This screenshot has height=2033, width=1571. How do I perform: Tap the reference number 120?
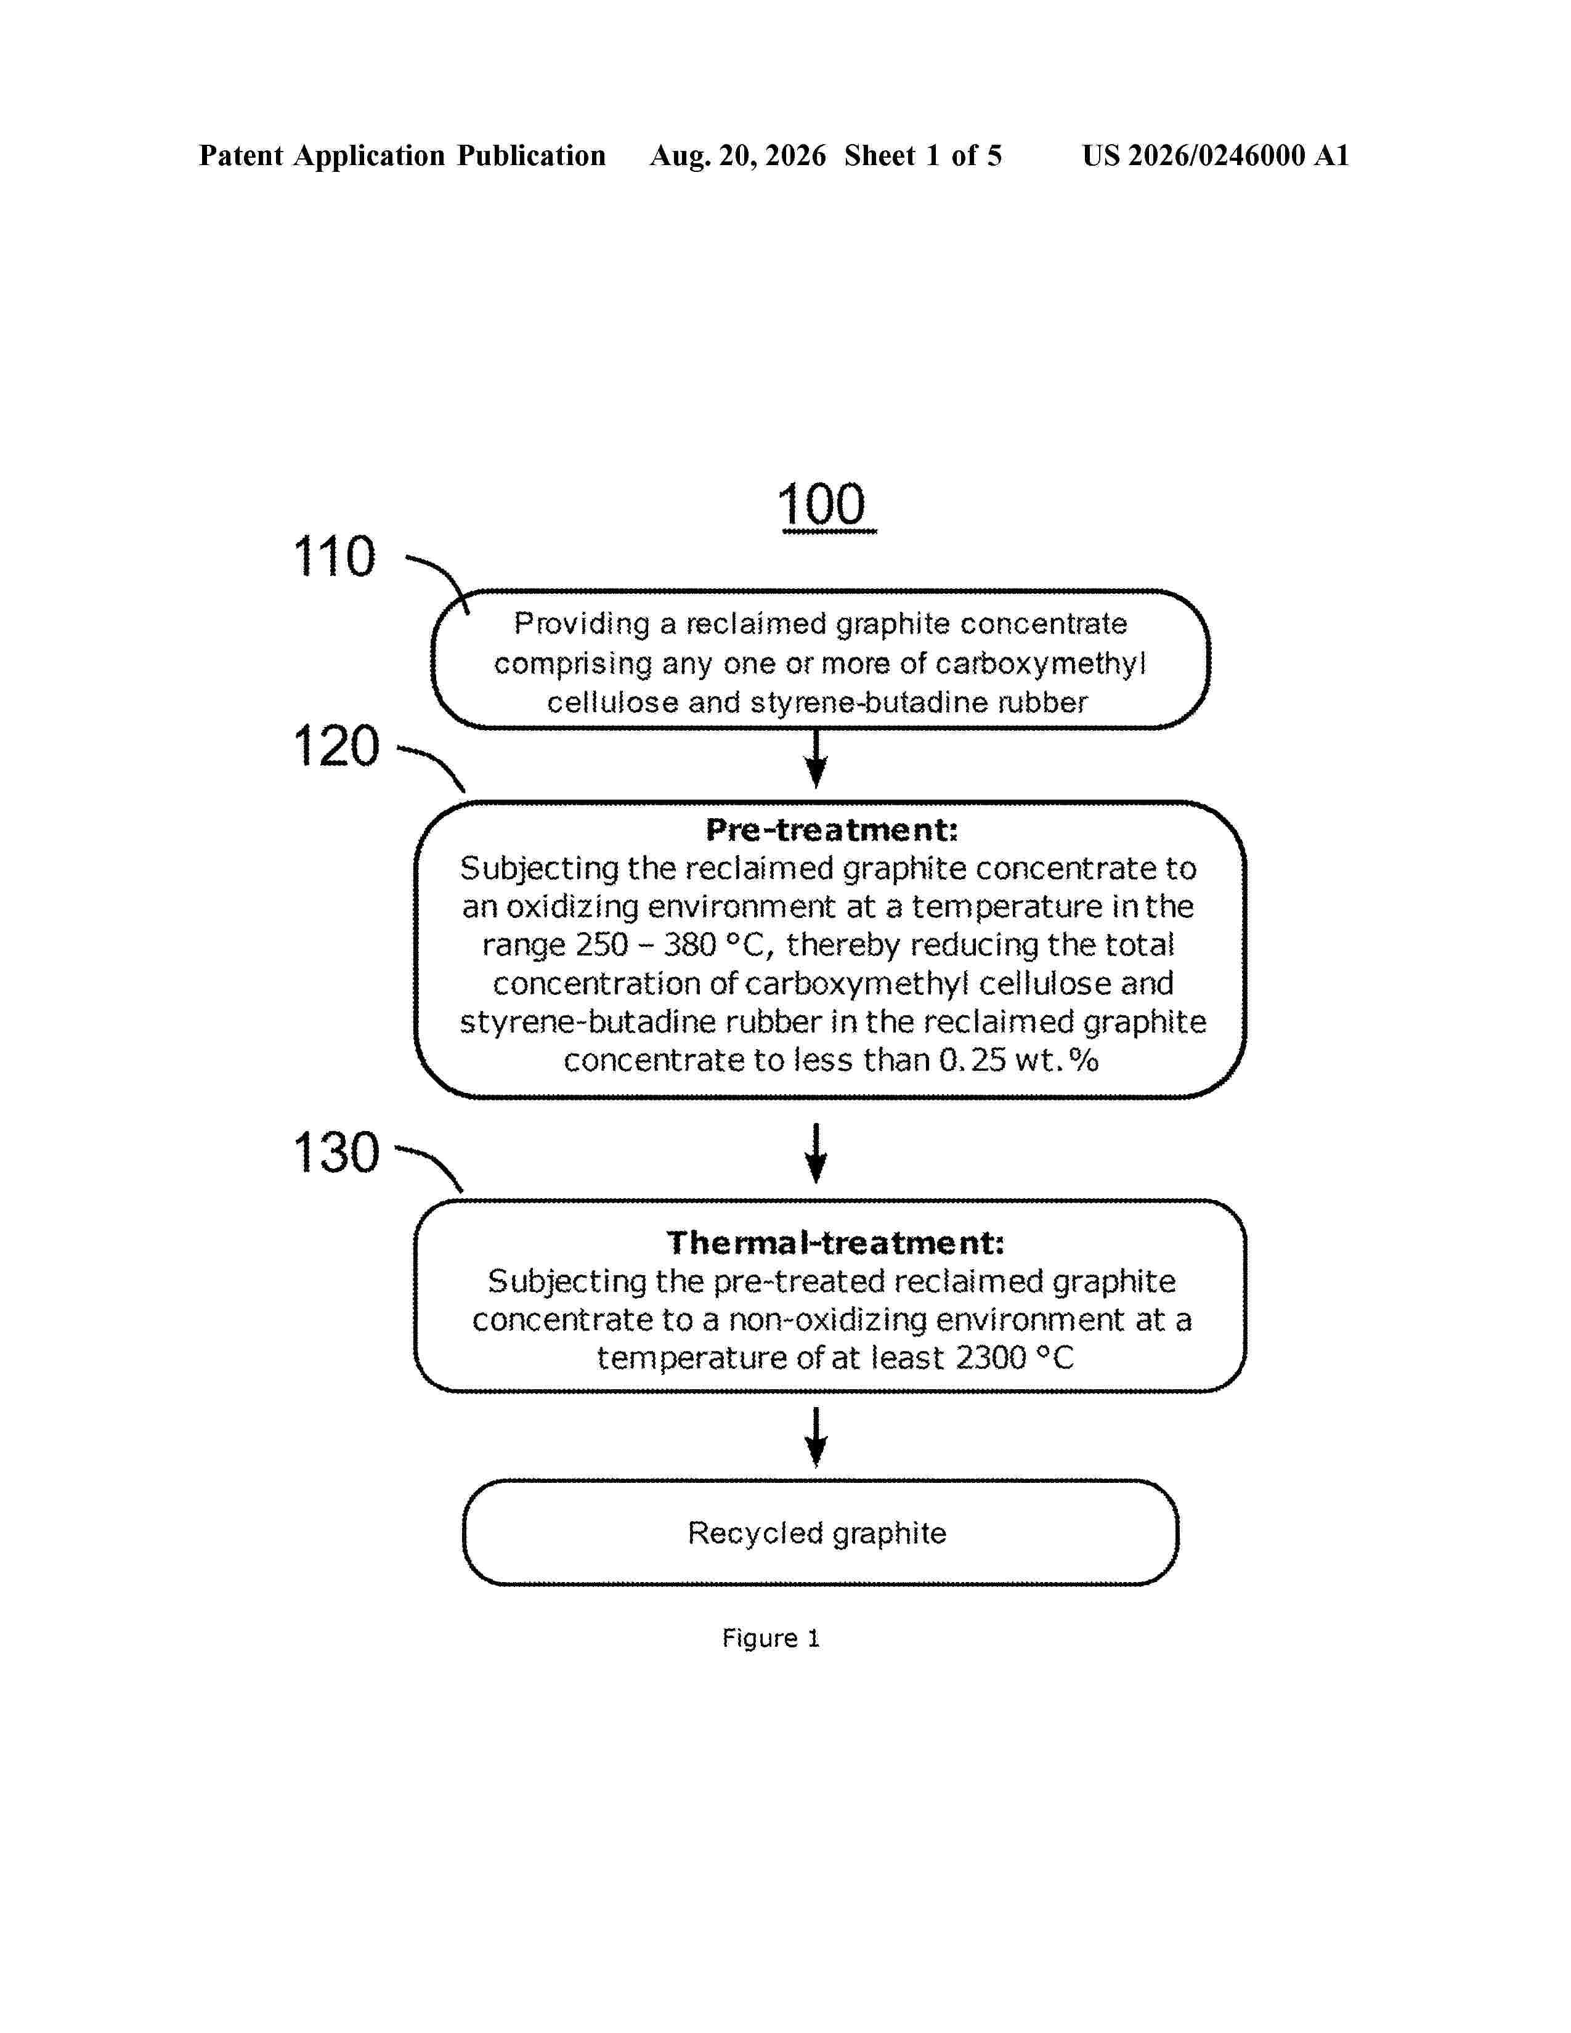point(336,747)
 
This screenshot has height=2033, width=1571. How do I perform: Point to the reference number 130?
point(336,1153)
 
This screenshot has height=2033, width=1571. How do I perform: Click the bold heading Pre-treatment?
point(831,829)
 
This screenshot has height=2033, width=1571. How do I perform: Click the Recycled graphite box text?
point(817,1533)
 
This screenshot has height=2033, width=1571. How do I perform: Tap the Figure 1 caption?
point(771,1638)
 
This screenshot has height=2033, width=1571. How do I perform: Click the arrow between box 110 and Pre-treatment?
point(816,758)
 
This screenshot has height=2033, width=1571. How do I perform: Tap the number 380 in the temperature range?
point(689,945)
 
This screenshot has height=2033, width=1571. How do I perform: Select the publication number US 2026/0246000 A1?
point(1216,155)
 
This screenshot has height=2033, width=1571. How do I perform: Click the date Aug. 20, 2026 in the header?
point(737,155)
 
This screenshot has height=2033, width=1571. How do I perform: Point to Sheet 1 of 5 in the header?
point(924,155)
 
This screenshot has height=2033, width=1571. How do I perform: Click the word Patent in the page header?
point(241,155)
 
